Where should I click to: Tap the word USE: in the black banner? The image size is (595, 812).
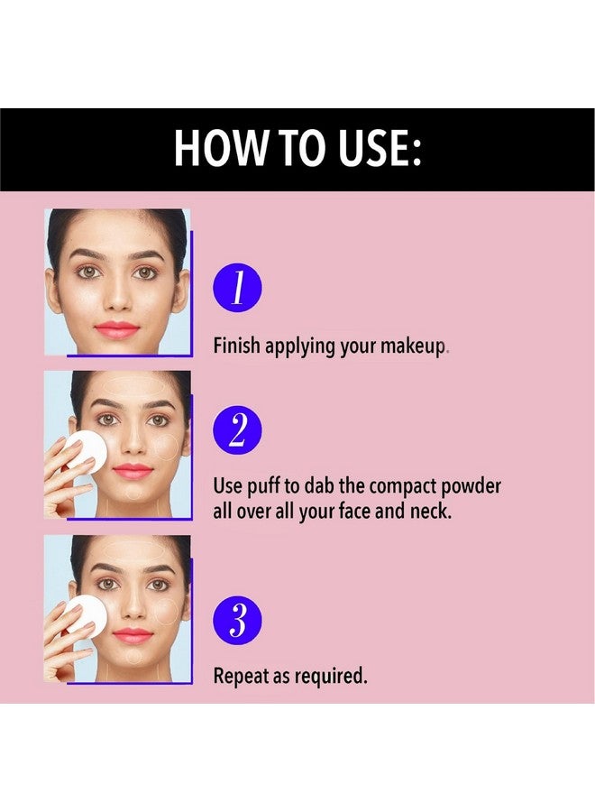[380, 148]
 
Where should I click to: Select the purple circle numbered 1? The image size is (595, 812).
[237, 288]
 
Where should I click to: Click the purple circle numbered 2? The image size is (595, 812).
[237, 429]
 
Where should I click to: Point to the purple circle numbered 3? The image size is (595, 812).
[237, 620]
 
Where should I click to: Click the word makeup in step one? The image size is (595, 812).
[413, 346]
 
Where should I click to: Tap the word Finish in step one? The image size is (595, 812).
[236, 346]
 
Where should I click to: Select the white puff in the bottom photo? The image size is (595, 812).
[85, 614]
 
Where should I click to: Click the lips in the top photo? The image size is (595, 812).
[117, 329]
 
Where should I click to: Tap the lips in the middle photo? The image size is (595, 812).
[133, 471]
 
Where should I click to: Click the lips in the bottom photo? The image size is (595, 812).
[133, 635]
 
